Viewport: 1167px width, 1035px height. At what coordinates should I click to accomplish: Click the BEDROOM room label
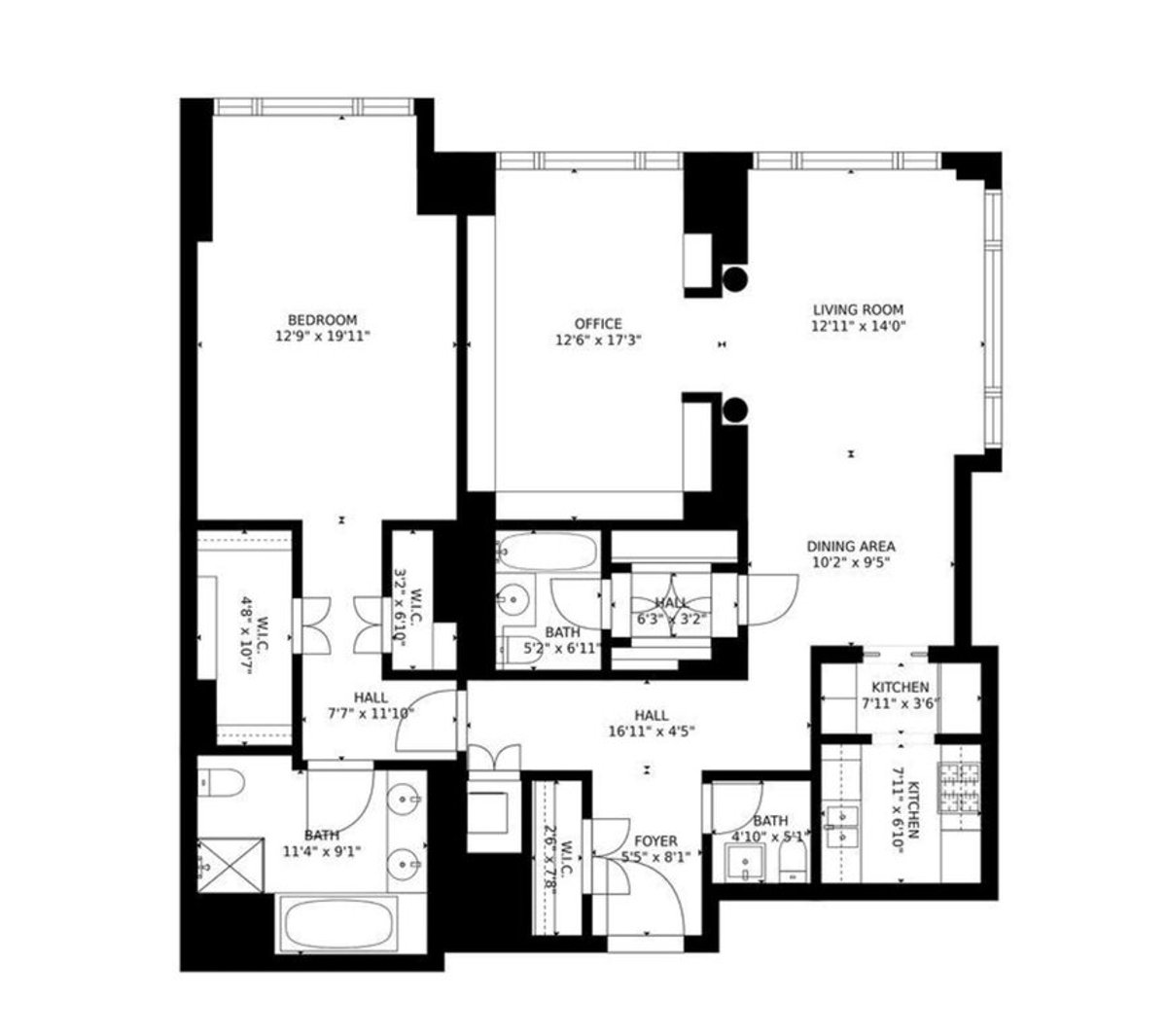(x=322, y=320)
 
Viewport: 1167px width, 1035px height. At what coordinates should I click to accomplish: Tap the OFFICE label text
(x=598, y=324)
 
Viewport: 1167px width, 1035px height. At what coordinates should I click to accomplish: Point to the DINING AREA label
(x=852, y=547)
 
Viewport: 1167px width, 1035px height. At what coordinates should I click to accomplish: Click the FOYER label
(x=655, y=841)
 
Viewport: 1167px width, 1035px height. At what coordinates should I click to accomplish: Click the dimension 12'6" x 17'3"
(x=598, y=340)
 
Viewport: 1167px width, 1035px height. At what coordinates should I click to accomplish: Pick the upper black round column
(x=736, y=280)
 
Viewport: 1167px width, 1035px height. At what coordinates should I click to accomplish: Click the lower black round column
(x=736, y=410)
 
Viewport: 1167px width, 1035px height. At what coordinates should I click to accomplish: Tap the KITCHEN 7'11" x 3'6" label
(x=900, y=695)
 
